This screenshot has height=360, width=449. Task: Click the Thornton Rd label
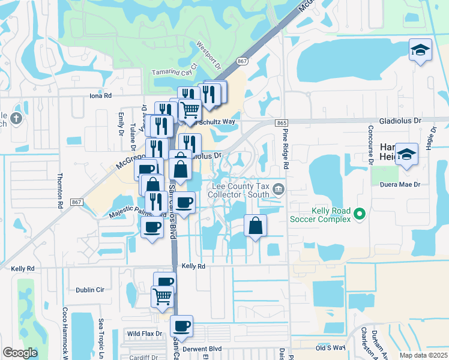click(x=60, y=191)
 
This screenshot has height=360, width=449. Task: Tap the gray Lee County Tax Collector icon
click(x=279, y=190)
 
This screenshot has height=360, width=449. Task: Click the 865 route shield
click(x=282, y=122)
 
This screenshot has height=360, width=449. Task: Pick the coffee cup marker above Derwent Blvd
click(x=181, y=327)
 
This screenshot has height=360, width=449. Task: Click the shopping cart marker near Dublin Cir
click(x=162, y=296)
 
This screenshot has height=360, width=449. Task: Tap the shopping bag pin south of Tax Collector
click(x=255, y=227)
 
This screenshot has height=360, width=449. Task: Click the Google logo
click(x=20, y=353)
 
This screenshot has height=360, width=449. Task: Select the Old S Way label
click(x=331, y=347)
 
